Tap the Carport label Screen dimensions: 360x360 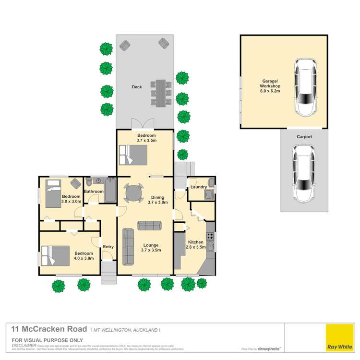304,137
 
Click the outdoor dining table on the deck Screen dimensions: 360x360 160,93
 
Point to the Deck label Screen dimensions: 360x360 136,87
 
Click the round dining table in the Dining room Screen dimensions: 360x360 133,193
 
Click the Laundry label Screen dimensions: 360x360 198,187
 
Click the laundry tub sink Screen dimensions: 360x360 209,194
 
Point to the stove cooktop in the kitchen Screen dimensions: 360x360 209,236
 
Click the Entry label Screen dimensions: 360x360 108,247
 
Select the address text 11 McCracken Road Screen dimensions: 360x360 48,329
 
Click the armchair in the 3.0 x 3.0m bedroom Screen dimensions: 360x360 75,184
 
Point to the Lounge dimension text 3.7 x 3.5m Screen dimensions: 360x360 150,250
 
